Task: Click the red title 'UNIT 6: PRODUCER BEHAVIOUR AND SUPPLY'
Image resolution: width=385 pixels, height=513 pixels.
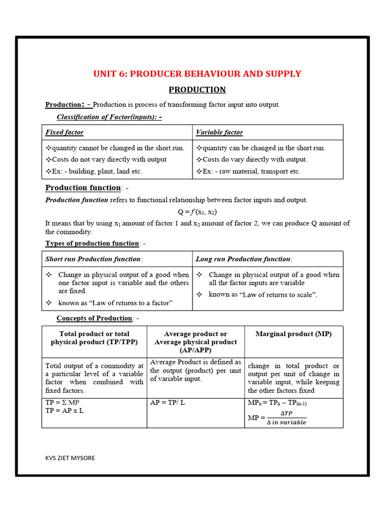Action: click(x=197, y=74)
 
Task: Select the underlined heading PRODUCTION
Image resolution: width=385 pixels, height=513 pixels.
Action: click(x=197, y=90)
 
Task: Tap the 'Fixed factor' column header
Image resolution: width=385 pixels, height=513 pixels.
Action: click(x=65, y=132)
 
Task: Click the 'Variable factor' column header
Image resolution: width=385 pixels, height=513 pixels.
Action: click(x=219, y=132)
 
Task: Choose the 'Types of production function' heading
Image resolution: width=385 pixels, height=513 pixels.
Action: click(x=92, y=243)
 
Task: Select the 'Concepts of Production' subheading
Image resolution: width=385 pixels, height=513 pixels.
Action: click(x=94, y=318)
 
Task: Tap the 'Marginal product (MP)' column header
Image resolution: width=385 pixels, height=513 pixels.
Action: click(x=293, y=334)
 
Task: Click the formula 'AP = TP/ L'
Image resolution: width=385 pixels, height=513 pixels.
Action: click(x=167, y=402)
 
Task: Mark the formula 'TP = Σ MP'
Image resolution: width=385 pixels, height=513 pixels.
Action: click(x=62, y=402)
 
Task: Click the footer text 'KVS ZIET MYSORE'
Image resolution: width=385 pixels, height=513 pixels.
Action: click(x=69, y=458)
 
